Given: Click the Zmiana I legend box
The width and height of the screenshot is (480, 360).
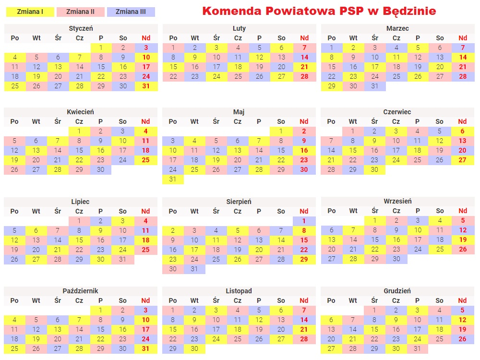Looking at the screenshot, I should tap(29, 12).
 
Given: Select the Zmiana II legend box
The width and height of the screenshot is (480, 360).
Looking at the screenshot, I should tap(80, 12).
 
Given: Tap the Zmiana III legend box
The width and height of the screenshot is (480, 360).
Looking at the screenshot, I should tap(131, 12).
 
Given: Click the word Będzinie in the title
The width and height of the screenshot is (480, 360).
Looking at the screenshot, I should tap(408, 11).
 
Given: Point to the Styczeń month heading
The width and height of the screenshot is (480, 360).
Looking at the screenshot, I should tap(81, 28).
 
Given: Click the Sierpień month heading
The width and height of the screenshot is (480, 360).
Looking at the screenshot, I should tap(239, 202).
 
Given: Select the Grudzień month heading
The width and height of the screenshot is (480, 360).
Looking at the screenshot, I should tap(397, 291).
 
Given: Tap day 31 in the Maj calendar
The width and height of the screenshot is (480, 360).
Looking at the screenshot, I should tap(173, 179).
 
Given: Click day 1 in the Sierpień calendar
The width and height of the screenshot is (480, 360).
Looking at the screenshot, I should tap(304, 221).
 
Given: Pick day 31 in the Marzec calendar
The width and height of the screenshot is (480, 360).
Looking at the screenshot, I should tap(375, 86).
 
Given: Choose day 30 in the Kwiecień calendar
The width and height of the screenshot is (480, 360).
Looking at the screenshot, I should tap(100, 169).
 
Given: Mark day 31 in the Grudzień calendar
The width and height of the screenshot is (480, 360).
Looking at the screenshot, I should tap(417, 349).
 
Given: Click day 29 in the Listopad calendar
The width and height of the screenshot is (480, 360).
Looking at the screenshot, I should tap(173, 349).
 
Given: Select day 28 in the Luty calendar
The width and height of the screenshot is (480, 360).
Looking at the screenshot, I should tap(304, 76).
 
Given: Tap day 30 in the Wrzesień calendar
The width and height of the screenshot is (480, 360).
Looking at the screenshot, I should tap(396, 259).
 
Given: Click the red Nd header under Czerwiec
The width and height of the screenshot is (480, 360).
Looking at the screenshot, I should tap(462, 121).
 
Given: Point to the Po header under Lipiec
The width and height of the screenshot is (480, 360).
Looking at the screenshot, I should tap(14, 211).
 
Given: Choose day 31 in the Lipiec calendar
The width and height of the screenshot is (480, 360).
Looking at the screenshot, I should tap(122, 259).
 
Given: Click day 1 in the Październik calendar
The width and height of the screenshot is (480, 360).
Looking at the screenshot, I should tap(101, 310).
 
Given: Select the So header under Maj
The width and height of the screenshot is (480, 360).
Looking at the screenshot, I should tap(281, 121).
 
